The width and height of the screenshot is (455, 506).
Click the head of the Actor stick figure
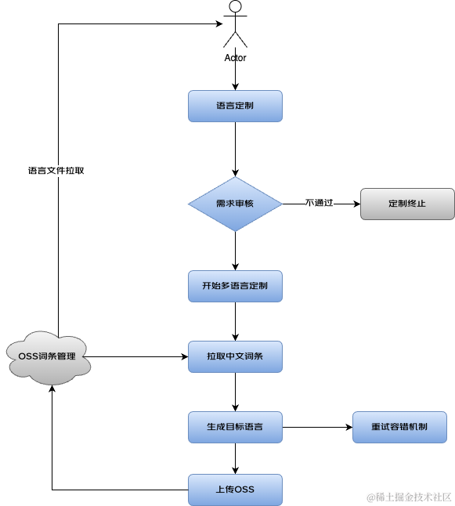[235, 6]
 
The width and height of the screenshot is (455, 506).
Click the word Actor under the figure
[235, 58]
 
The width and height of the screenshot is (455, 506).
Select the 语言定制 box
[235, 107]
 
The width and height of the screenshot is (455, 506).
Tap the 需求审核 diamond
[235, 204]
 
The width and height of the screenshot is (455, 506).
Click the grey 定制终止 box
[407, 204]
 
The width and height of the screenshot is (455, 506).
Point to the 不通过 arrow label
[319, 203]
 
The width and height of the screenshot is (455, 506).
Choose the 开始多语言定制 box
[235, 286]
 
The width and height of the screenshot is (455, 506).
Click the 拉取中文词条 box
[235, 356]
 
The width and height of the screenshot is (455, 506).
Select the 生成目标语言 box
[235, 427]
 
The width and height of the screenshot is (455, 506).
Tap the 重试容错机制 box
[399, 427]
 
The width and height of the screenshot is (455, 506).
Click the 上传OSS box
[235, 490]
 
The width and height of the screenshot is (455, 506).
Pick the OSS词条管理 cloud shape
[49, 357]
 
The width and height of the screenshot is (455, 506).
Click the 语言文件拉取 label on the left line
[56, 171]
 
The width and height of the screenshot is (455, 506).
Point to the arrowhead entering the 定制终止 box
[357, 204]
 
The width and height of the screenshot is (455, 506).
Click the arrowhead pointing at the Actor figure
[219, 23]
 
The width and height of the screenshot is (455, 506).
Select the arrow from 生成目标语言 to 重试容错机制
[317, 427]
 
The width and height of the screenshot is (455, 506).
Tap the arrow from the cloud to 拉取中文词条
[135, 356]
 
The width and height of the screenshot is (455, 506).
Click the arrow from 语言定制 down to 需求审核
[235, 150]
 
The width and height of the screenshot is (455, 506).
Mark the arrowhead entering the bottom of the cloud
[52, 389]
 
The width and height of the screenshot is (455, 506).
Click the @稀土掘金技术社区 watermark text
[409, 497]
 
